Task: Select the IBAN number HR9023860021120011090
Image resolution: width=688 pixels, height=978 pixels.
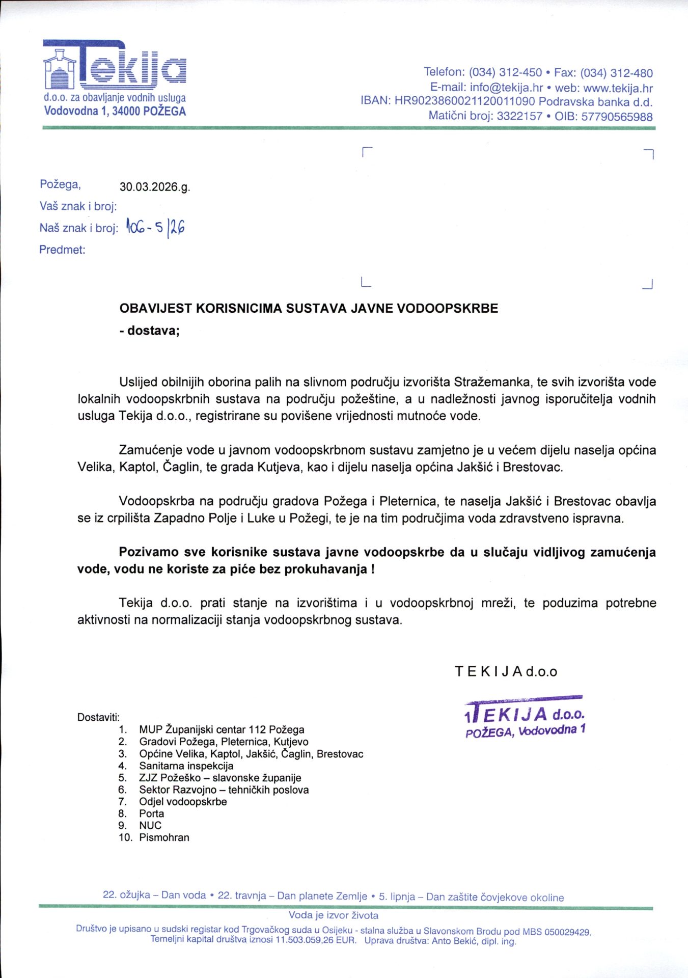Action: tap(464, 101)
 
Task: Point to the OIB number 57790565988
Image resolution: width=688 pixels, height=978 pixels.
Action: tap(617, 117)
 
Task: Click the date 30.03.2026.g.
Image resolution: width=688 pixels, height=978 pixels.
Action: tap(154, 187)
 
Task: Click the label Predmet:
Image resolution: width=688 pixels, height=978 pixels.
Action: tap(62, 250)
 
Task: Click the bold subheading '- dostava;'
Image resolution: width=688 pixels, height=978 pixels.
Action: tap(150, 331)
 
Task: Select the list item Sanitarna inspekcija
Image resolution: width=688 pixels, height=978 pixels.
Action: tap(186, 766)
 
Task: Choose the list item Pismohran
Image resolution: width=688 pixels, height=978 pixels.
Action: tap(164, 837)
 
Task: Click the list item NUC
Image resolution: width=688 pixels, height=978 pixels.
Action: tap(150, 825)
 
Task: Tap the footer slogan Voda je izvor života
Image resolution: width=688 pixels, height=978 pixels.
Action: tap(333, 915)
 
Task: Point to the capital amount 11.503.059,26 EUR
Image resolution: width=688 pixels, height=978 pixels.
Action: tap(315, 940)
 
